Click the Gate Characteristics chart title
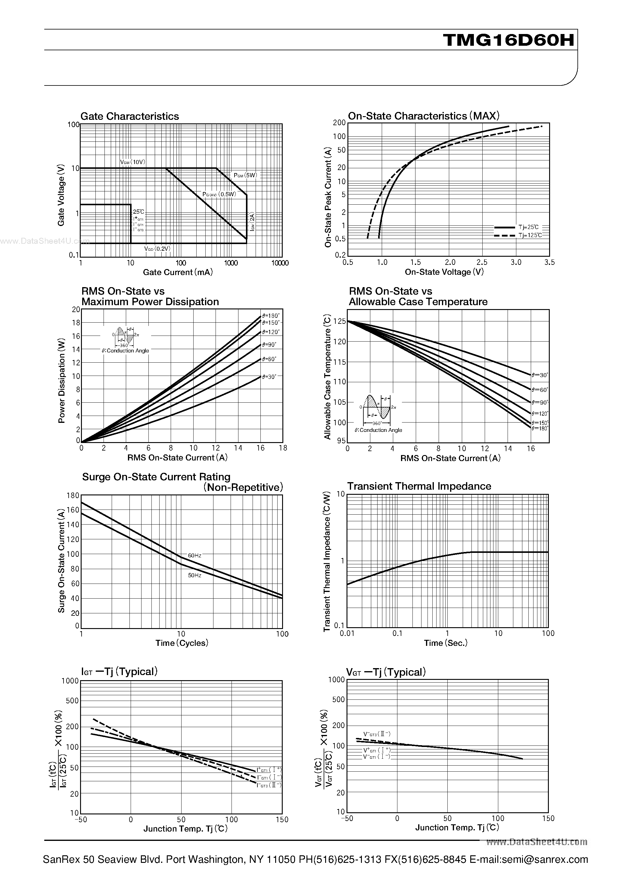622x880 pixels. [x=130, y=116]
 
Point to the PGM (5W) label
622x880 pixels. [x=245, y=175]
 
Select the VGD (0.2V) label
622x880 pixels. [x=157, y=249]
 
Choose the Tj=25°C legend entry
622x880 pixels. [x=528, y=227]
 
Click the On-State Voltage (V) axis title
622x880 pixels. [x=444, y=272]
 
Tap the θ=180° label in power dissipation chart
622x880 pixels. [x=271, y=316]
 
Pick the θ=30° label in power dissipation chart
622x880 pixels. [x=269, y=377]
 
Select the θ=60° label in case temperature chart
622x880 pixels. [x=540, y=390]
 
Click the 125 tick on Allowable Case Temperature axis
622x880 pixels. [x=340, y=321]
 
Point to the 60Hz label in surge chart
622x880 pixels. [x=194, y=555]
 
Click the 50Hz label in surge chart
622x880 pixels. [x=194, y=575]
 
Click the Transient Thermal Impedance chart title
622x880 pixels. [x=419, y=486]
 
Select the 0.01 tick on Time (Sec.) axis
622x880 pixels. [x=347, y=634]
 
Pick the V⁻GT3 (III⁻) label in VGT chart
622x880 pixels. [x=377, y=734]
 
